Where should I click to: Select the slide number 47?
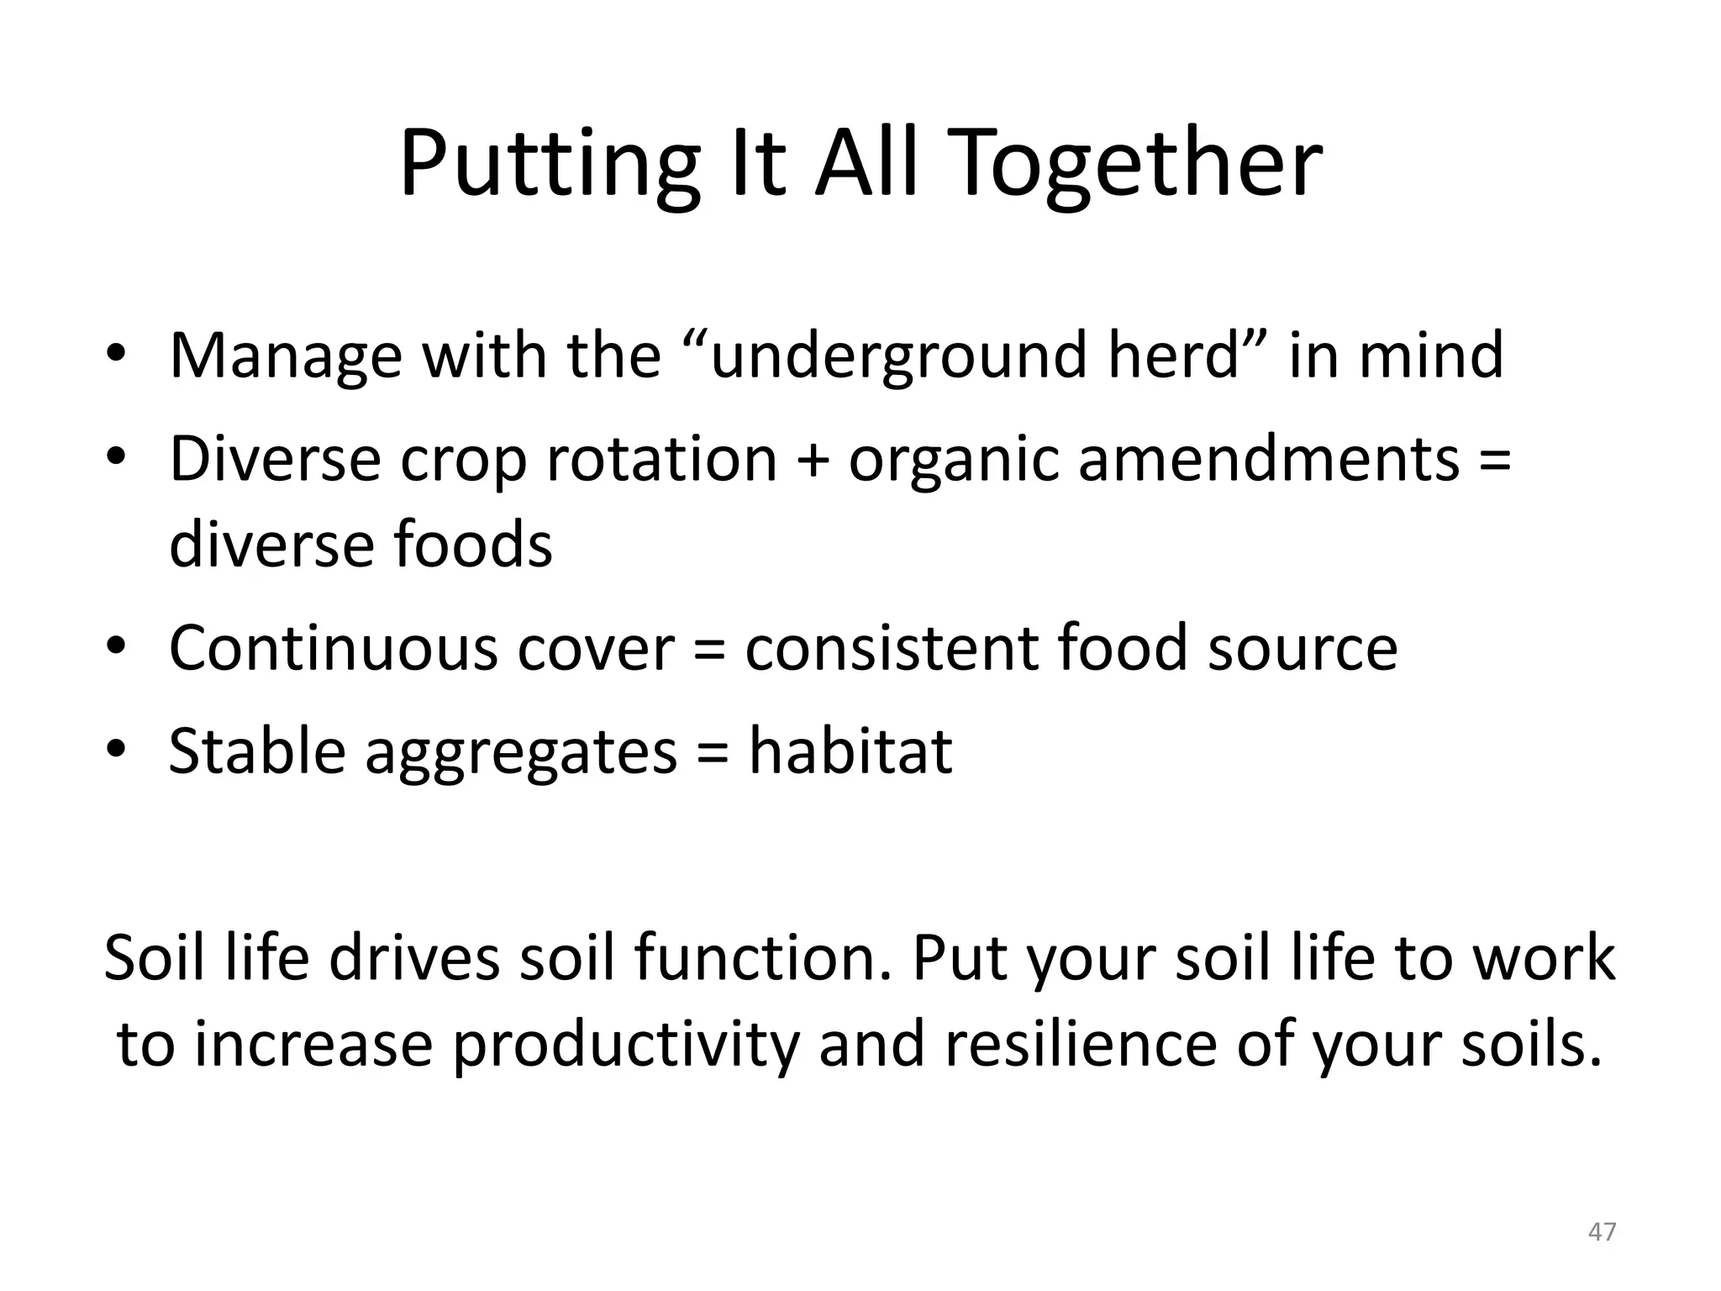pos(1602,1231)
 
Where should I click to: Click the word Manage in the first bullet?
pos(286,356)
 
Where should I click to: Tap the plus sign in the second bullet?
pos(813,461)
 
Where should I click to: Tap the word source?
pos(1303,650)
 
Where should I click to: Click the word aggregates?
pos(521,753)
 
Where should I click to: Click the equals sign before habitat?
pos(713,753)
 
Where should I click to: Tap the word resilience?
pos(1082,1044)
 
